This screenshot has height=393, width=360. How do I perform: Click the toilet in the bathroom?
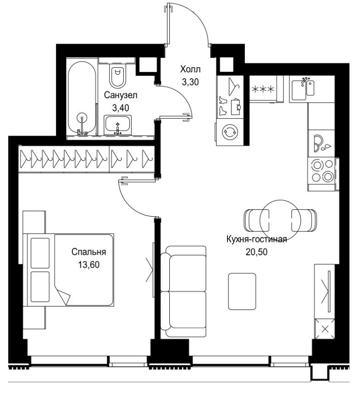tap(117, 75)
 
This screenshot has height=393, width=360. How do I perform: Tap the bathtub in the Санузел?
tap(82, 98)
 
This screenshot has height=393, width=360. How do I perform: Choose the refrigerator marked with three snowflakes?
tap(263, 89)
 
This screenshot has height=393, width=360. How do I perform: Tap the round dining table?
tap(280, 220)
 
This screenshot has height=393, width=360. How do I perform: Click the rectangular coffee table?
tap(242, 291)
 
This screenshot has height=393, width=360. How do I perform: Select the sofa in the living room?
tap(183, 291)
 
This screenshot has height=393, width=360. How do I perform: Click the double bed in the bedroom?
tap(68, 270)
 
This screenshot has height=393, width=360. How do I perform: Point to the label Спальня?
tap(89, 251)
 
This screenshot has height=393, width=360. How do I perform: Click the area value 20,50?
tap(256, 251)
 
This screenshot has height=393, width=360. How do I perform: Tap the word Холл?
tap(190, 69)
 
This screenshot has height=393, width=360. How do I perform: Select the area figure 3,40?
tap(121, 108)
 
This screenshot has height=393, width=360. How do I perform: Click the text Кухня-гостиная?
tap(257, 240)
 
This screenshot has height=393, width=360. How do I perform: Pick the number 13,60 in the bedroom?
tap(89, 265)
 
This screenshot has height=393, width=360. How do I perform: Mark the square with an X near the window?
tap(325, 328)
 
